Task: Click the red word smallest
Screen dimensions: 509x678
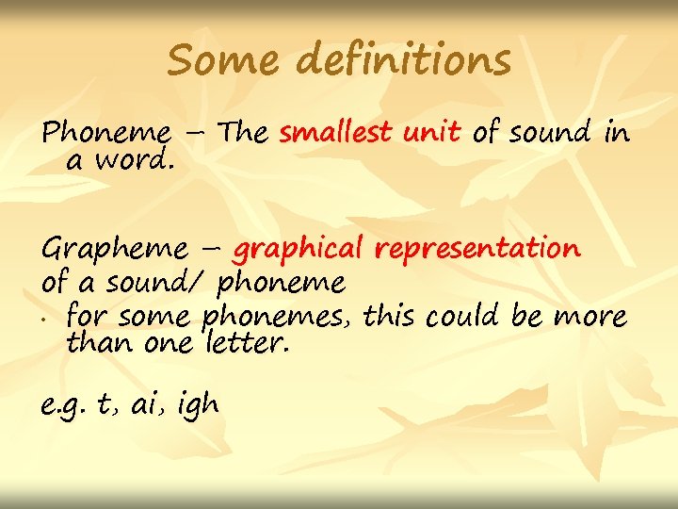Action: pos(337,133)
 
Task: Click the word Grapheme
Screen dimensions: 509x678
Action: pos(114,251)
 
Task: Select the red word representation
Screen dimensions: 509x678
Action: pos(477,249)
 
